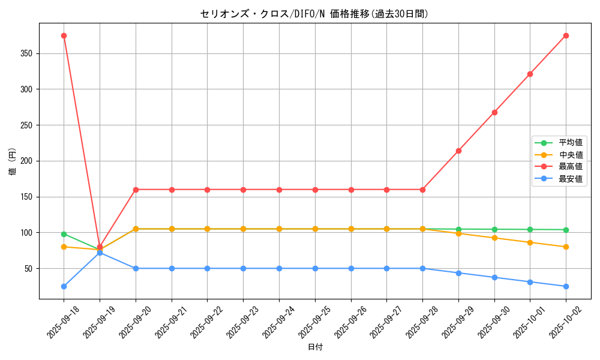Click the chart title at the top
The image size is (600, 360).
point(314,14)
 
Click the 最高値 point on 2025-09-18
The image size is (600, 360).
point(64,35)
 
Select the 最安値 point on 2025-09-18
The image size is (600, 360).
point(64,286)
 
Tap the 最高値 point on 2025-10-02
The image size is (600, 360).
point(566,35)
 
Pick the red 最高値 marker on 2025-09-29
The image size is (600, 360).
point(458,151)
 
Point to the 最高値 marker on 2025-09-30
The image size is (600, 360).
point(494,112)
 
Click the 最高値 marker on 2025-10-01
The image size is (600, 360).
point(530,74)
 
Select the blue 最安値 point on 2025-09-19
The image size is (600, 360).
point(100,253)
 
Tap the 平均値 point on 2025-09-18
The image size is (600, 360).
point(64,234)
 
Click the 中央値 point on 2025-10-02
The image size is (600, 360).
point(566,247)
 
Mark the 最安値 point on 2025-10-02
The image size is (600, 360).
point(566,286)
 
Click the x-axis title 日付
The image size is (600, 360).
point(315,347)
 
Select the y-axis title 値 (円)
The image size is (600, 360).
point(13,161)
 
